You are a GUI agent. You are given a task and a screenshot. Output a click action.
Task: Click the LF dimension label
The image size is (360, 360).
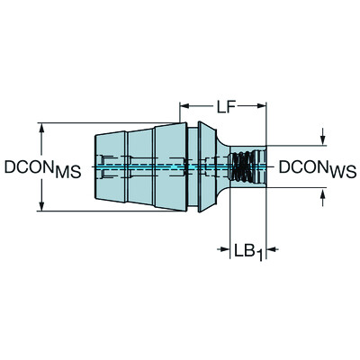[225, 107]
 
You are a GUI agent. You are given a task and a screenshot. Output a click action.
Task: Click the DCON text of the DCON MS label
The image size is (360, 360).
[26, 167]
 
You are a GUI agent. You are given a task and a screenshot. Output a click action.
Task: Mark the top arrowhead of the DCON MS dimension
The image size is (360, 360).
[40, 127]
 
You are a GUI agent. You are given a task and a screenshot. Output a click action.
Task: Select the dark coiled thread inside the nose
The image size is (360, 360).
[240, 167]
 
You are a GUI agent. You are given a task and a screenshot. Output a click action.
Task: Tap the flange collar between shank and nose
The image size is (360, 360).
[188, 167]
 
